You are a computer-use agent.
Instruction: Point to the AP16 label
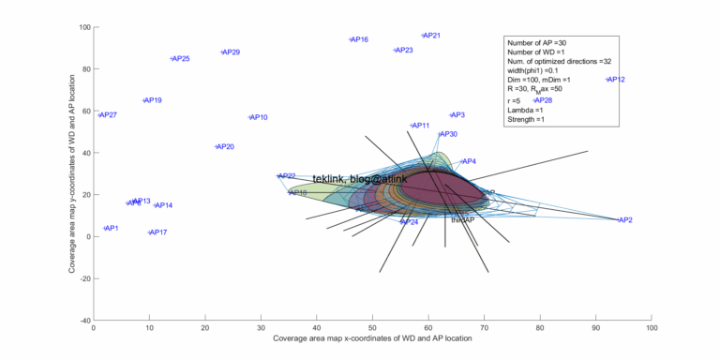(x=359, y=40)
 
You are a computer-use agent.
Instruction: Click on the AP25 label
(x=181, y=59)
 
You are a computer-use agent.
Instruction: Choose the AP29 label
(x=231, y=52)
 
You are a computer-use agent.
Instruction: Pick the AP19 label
(x=153, y=100)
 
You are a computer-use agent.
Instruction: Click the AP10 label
(x=259, y=118)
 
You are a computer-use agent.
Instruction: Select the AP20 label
(x=225, y=147)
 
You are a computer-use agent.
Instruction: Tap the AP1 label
(x=112, y=229)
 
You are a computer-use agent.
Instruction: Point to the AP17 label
(x=158, y=232)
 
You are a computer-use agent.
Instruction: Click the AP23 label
(x=404, y=51)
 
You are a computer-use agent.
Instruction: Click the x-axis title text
(x=372, y=339)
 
